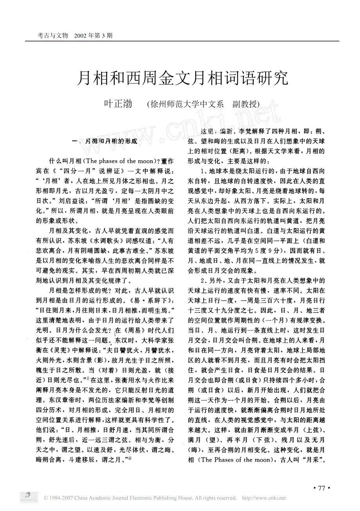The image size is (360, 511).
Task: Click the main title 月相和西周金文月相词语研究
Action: (x=182, y=79)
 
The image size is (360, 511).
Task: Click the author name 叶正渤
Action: (x=118, y=104)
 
